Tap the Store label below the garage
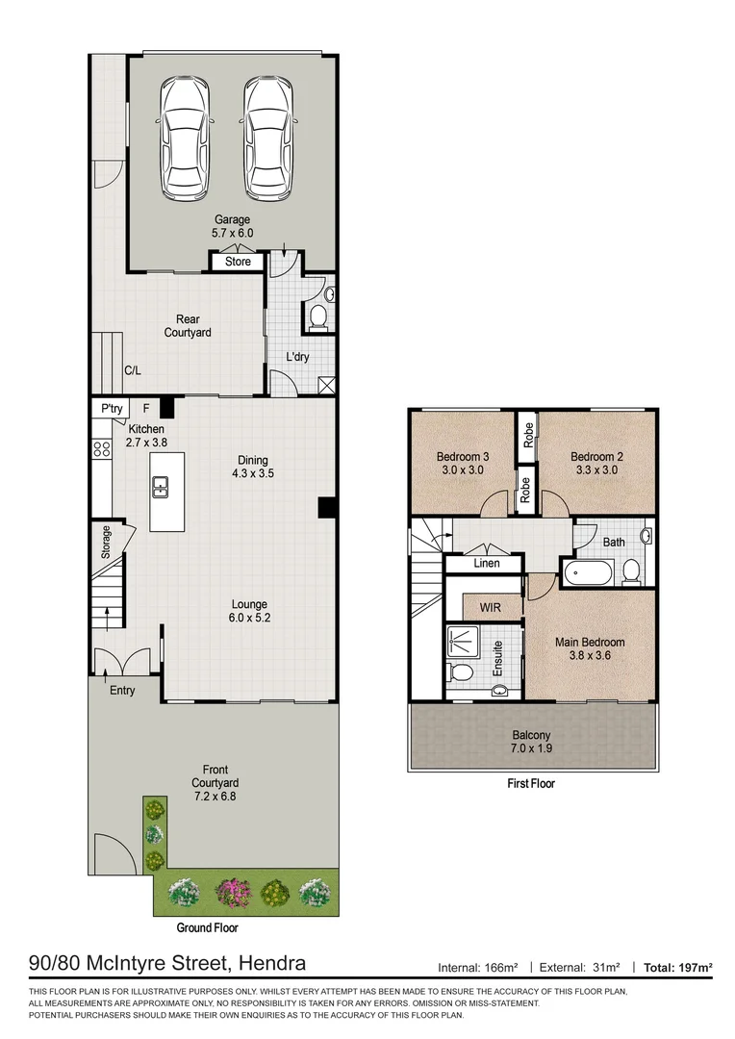(x=238, y=262)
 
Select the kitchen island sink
(x=160, y=488)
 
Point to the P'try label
(x=112, y=409)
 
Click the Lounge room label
(x=249, y=605)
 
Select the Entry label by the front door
(x=122, y=691)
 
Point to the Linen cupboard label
(x=487, y=563)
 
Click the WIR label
(x=489, y=606)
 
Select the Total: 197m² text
(x=678, y=967)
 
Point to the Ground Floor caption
(x=207, y=928)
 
